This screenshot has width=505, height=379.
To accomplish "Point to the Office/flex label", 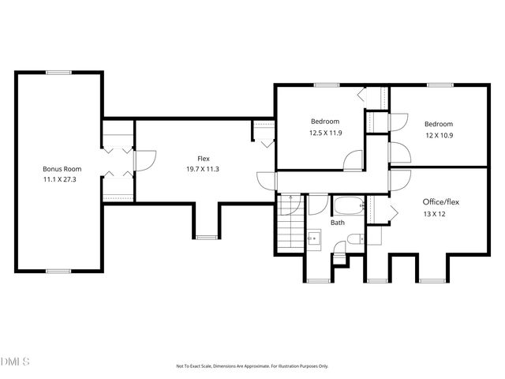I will point(440,202).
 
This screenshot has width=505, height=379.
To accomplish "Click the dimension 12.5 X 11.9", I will point(325,133).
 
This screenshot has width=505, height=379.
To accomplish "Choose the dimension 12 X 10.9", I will point(439,136).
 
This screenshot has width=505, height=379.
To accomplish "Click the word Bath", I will point(338,223).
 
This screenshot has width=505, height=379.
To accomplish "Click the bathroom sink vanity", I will point(312,237).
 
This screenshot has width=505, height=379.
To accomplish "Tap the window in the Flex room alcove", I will point(205,236).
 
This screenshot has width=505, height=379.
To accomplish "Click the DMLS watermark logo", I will point(16,362).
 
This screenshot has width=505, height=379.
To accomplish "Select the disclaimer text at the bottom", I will point(252,366).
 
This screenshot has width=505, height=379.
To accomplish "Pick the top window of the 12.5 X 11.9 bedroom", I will point(322,84).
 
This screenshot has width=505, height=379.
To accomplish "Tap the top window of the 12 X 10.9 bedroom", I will point(440,84).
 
